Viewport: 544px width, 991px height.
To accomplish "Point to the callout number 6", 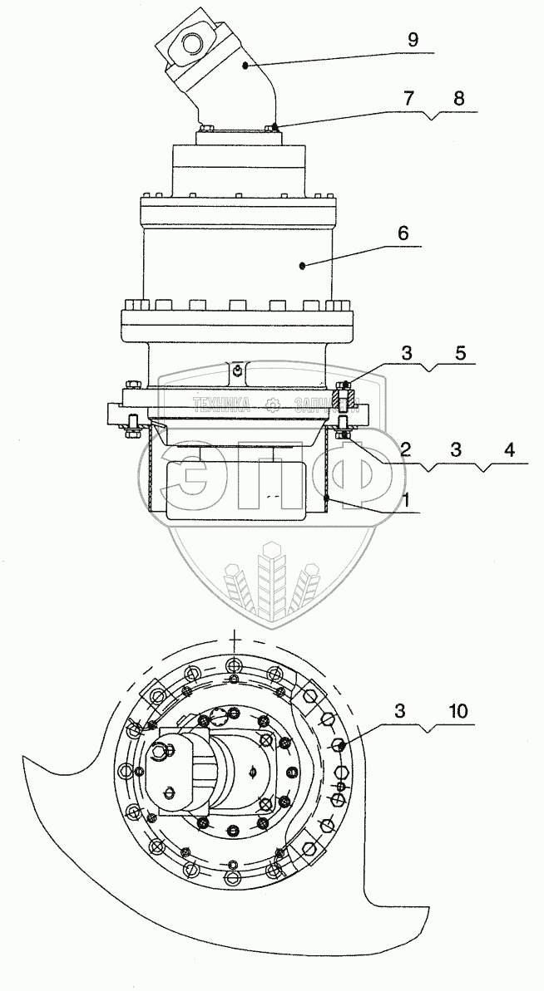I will (x=403, y=234).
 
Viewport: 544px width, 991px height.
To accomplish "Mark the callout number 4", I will (x=508, y=450).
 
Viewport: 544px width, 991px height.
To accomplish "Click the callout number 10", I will (x=457, y=712).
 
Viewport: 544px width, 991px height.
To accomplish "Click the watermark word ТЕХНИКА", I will (x=222, y=405).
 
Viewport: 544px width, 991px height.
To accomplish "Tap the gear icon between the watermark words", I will (x=272, y=405).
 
